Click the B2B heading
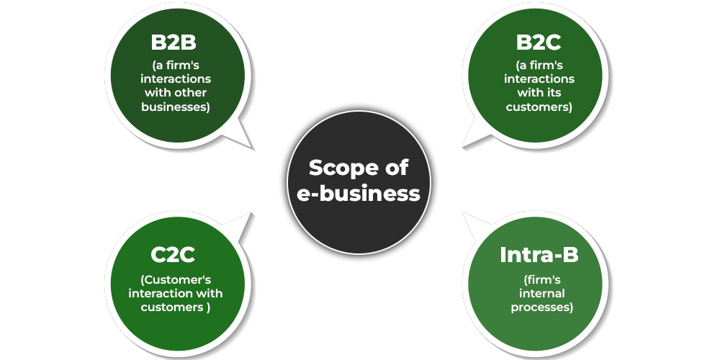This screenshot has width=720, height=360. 174,42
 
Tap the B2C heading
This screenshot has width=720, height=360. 539,42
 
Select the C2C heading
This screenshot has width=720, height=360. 173,255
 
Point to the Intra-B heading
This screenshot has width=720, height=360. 539,255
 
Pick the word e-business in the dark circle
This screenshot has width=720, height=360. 359,193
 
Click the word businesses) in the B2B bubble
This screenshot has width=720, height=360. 176,107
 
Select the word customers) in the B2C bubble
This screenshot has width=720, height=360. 539,107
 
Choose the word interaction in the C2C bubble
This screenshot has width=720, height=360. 160,294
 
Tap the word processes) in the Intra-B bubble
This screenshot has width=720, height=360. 542,307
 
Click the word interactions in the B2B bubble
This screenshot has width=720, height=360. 176,78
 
